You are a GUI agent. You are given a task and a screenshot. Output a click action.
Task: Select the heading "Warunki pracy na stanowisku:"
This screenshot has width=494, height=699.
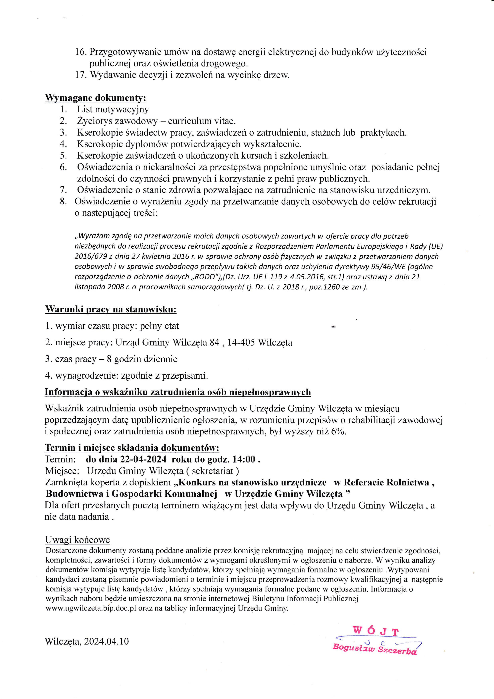(x=111, y=310)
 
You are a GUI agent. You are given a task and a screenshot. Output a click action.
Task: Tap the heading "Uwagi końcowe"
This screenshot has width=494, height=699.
(x=77, y=540)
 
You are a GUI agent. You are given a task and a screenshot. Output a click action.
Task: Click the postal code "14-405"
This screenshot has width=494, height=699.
(x=241, y=343)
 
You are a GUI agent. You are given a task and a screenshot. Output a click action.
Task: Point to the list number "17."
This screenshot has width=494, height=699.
(x=81, y=75)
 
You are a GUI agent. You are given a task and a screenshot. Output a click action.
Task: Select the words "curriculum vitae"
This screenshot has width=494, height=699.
(x=202, y=121)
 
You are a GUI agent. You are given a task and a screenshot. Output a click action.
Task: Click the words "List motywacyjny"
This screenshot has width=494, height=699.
(x=113, y=109)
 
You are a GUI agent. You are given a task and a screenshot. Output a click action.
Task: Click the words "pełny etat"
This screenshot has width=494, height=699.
(x=159, y=326)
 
